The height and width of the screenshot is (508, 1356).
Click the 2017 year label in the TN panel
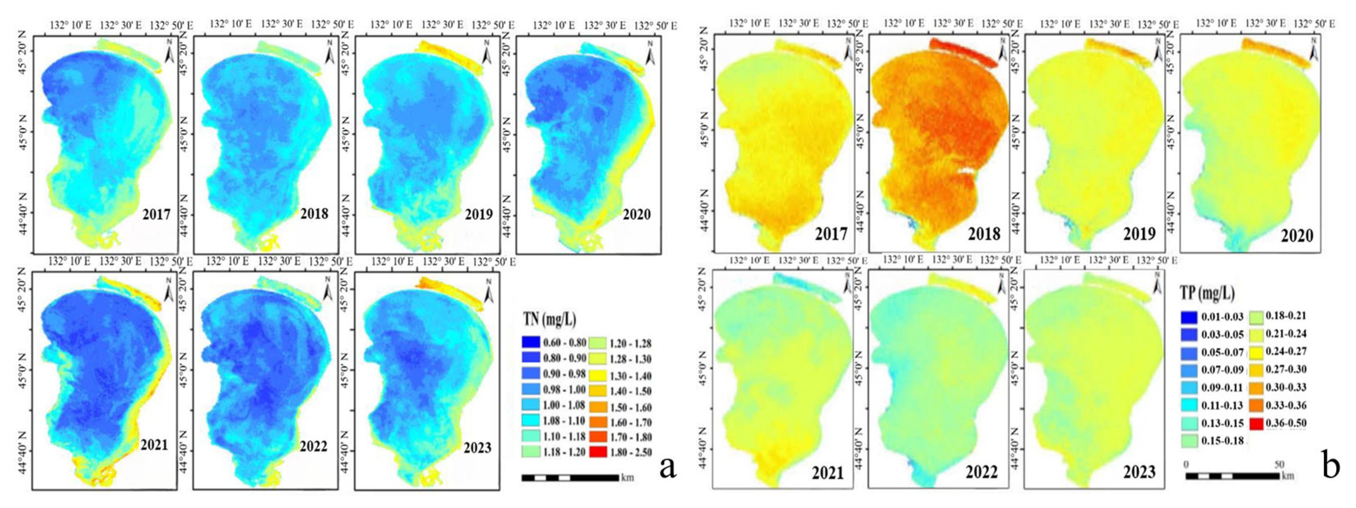click(156, 214)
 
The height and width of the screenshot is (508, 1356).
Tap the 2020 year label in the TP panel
click(1297, 235)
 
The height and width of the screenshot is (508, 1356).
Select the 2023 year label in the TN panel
click(477, 447)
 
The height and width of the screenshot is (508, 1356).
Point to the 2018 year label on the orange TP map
click(984, 233)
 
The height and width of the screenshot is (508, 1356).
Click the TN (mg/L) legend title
click(549, 319)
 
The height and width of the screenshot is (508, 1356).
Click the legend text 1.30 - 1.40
click(630, 376)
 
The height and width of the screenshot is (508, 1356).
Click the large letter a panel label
click(668, 466)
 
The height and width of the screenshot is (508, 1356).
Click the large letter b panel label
click(1331, 466)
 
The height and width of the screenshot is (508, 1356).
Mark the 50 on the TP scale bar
click(1278, 465)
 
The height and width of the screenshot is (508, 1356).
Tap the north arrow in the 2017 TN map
click(169, 53)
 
